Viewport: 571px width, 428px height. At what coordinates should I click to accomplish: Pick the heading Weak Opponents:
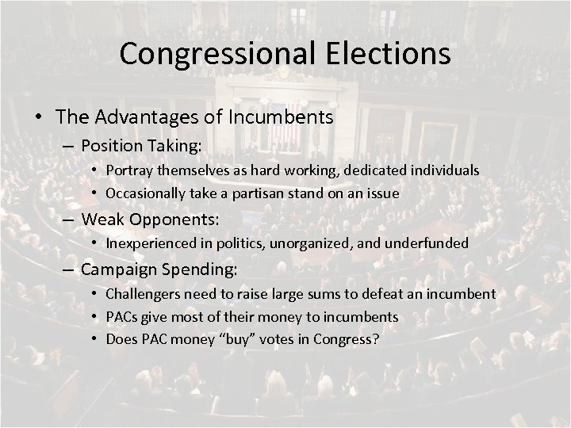[150, 218]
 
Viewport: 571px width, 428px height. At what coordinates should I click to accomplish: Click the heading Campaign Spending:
[158, 269]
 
